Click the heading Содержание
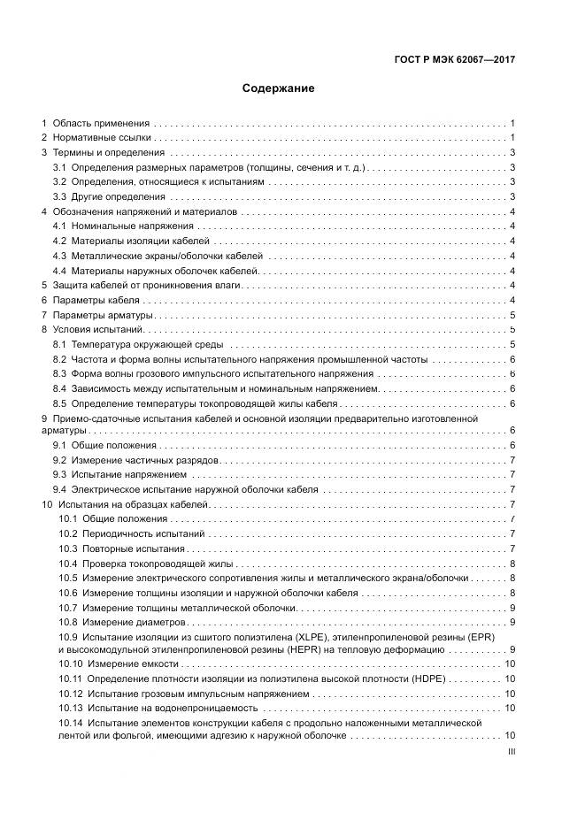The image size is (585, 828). pos(278,88)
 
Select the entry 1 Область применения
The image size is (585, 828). pos(96,123)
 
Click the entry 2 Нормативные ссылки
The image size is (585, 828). pos(97,138)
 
